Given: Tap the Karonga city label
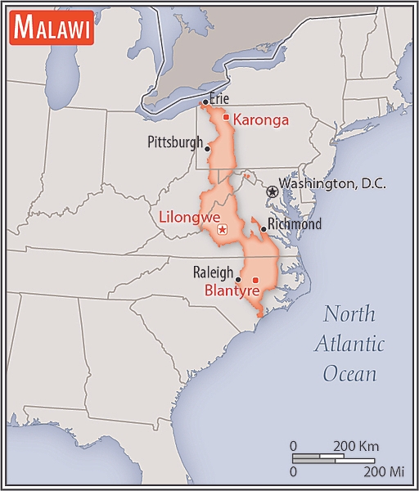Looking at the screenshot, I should click(261, 120).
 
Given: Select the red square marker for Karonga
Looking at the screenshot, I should click(226, 117).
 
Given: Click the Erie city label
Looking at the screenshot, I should click(219, 98).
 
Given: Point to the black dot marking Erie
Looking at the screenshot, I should click(205, 102).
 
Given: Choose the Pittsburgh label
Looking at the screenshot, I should click(174, 142).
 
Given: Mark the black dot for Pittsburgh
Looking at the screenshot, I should click(208, 149).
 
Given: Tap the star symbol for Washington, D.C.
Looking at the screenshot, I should click(272, 190).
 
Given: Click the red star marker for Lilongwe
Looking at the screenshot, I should click(222, 230).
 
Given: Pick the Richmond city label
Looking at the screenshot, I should click(295, 223).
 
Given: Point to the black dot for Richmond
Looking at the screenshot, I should click(264, 229).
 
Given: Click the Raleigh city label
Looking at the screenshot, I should click(213, 273).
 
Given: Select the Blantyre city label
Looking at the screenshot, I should click(232, 291).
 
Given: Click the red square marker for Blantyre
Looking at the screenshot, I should click(255, 281).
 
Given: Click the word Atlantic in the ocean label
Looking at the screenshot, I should click(349, 344).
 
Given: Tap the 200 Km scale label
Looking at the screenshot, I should click(356, 446).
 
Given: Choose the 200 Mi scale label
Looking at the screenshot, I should click(384, 471).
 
